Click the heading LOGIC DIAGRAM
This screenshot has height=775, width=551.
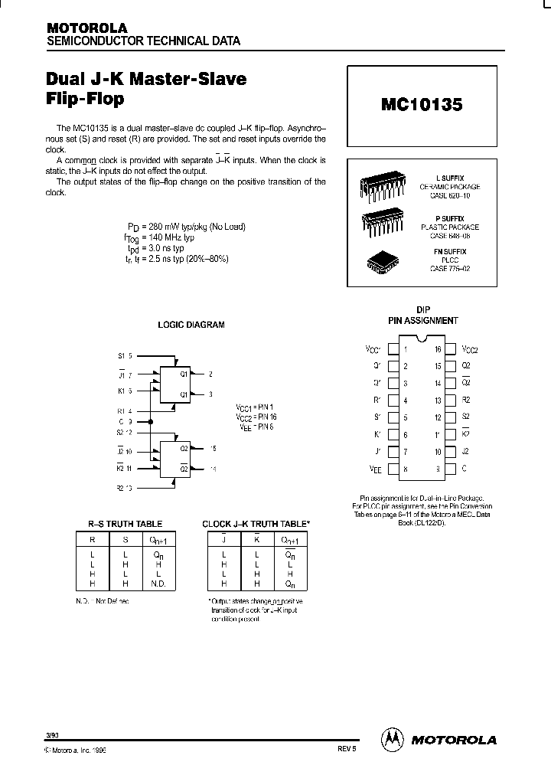coord(191,325)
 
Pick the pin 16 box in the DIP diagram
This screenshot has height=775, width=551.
coord(450,349)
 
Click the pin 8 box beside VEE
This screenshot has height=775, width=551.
coord(393,469)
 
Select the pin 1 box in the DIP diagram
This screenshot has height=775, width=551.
coord(393,349)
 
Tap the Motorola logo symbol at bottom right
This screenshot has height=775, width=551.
coord(391,740)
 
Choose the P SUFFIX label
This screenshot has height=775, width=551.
coord(449,218)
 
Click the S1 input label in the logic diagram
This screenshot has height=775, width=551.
coord(121,356)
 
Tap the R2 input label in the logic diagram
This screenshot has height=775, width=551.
coord(121,487)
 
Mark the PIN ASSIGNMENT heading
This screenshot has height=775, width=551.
coord(423,321)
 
